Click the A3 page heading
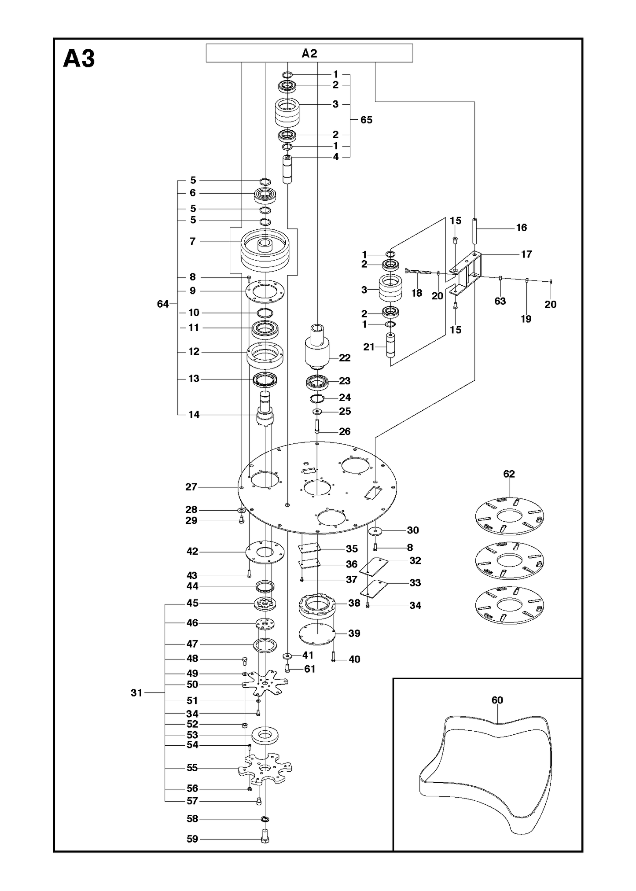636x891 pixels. [79, 59]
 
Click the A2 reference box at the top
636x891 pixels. [309, 53]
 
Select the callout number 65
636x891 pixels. [366, 120]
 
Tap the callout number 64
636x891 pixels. [163, 304]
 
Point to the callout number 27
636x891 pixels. [191, 487]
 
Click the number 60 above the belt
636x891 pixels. [497, 700]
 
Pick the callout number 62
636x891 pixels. [509, 474]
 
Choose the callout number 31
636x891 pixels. [137, 693]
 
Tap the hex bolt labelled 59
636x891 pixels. [265, 836]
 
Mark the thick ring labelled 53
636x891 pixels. [265, 736]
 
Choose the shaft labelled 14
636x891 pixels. [265, 409]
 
